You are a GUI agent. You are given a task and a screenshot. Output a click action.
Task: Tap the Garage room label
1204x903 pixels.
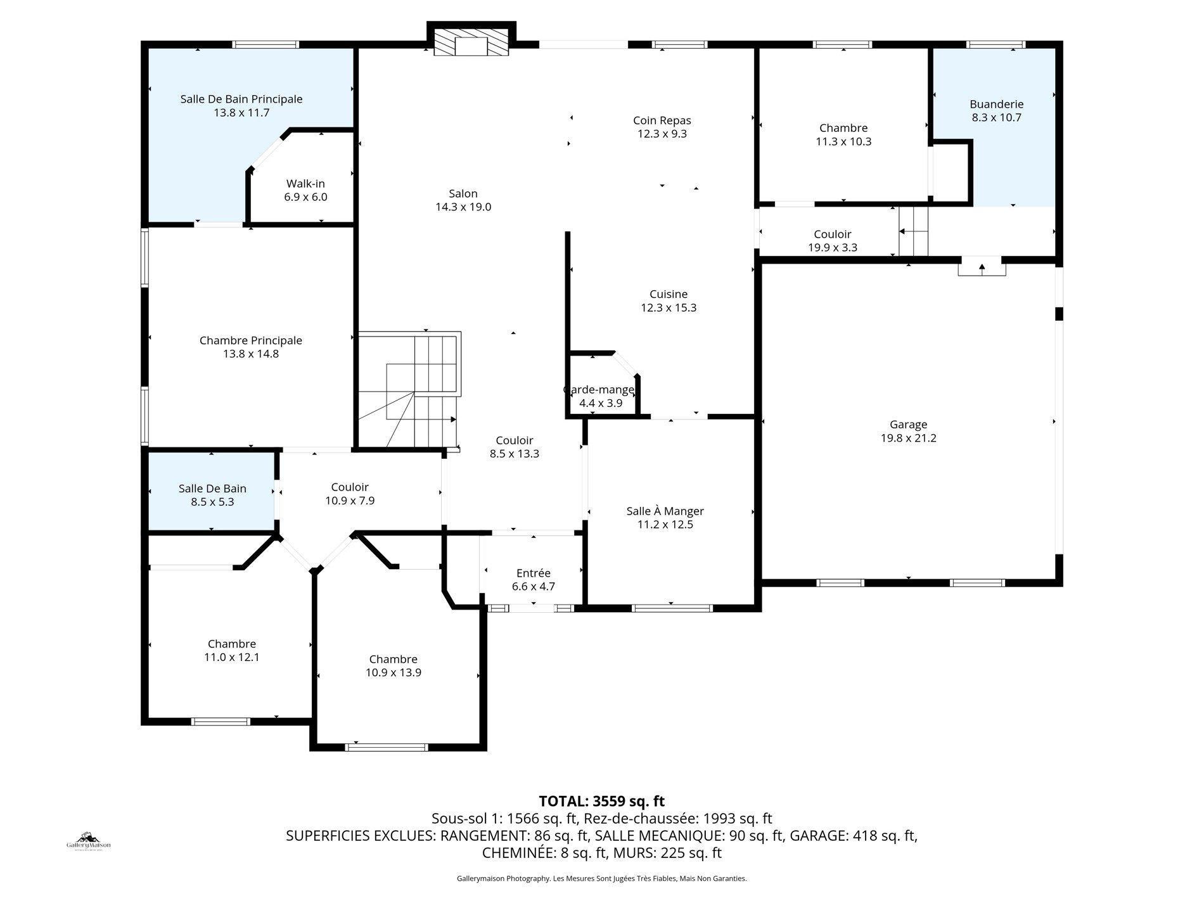[x=908, y=425]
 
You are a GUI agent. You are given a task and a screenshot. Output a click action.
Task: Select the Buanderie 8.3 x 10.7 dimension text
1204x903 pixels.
[x=996, y=118]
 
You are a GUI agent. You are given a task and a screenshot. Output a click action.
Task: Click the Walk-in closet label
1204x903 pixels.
[x=305, y=184]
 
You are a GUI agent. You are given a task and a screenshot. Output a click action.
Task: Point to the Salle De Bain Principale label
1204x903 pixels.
[x=241, y=99]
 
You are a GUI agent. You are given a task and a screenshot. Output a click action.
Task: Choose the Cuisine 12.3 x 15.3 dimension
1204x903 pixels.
[x=669, y=308]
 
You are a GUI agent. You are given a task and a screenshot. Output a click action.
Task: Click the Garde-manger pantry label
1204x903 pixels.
[x=598, y=390]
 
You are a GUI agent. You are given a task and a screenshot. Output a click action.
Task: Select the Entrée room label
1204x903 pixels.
[x=533, y=573]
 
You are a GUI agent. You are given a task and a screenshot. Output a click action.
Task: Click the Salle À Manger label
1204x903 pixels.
[x=665, y=511]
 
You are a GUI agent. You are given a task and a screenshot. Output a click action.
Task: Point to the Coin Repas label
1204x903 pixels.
[x=662, y=120]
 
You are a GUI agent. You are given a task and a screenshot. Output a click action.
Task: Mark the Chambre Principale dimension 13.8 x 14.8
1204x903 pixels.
[x=250, y=354]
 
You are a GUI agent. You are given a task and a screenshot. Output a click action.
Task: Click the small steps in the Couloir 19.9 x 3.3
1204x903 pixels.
[x=913, y=232]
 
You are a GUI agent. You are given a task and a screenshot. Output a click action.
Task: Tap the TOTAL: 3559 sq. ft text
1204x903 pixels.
[x=601, y=801]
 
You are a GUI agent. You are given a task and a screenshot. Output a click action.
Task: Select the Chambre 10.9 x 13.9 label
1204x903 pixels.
[x=393, y=659]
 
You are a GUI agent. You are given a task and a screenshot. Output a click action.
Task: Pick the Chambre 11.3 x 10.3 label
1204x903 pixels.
[x=843, y=128]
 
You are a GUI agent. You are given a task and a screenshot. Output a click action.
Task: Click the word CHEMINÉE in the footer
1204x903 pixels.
[x=519, y=853]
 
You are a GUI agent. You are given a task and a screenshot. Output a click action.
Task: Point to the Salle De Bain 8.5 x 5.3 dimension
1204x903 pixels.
[x=212, y=502]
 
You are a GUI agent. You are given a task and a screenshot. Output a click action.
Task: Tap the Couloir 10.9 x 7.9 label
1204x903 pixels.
[x=349, y=487]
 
